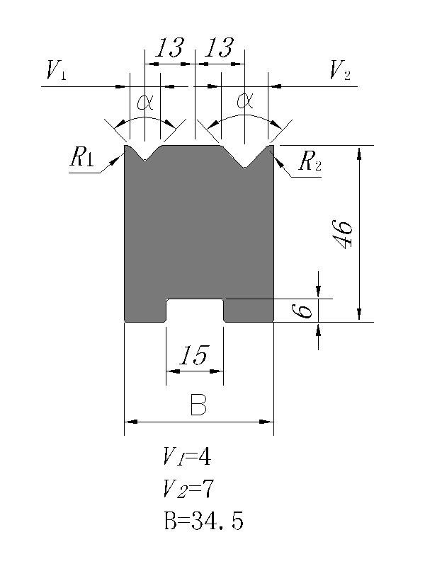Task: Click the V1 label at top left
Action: coord(56,70)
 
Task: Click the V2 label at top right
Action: coord(339,70)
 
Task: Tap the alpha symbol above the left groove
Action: coord(145,103)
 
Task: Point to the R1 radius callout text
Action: coord(82,158)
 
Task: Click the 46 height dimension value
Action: coord(343,233)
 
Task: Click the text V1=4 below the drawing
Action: coord(187,457)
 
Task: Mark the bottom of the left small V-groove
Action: coord(145,159)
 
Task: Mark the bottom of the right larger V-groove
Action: coord(245,168)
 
